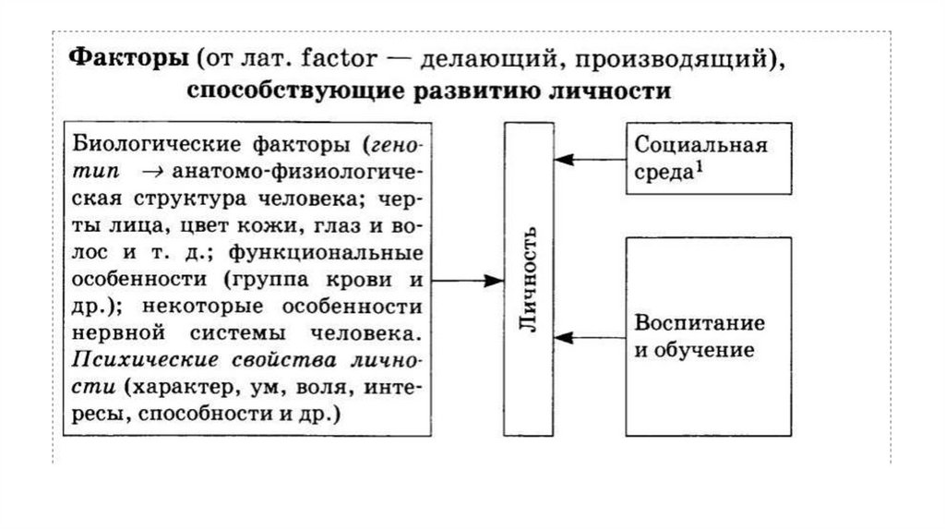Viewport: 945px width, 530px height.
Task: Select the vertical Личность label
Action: coord(528,279)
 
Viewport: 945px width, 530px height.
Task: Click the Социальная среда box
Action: coord(709,158)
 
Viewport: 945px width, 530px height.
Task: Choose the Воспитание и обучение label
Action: coord(700,337)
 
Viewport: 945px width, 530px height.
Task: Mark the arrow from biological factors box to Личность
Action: coord(467,279)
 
